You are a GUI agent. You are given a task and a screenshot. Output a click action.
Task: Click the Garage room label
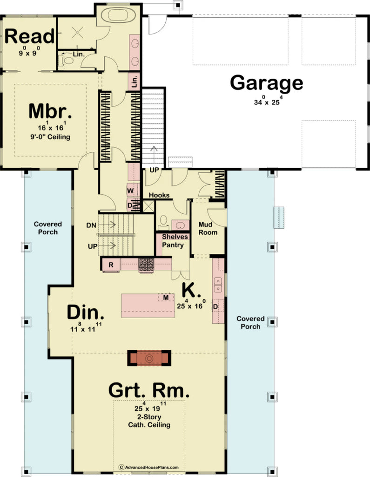click(267, 83)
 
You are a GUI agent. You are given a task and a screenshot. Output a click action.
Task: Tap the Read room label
click(30, 36)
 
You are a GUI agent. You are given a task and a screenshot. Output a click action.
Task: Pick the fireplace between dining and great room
click(150, 358)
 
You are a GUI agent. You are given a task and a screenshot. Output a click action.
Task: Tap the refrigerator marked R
click(111, 265)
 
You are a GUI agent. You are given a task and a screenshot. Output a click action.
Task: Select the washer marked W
click(130, 191)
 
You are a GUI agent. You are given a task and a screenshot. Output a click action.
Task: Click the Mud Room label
click(208, 228)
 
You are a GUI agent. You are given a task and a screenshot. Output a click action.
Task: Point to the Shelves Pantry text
click(175, 240)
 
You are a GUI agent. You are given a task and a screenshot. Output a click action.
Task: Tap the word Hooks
click(159, 196)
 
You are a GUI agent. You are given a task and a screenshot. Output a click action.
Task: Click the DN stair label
click(91, 225)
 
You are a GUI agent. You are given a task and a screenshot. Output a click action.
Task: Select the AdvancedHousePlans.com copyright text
click(148, 467)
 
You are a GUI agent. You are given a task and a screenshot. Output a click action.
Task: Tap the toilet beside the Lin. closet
click(68, 60)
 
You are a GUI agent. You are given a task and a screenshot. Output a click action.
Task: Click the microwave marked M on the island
click(166, 297)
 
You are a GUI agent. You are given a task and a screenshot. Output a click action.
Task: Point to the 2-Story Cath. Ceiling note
click(149, 421)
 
